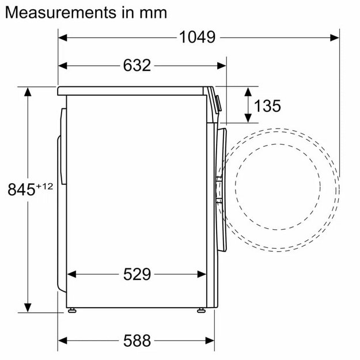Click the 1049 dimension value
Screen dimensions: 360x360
tap(197, 37)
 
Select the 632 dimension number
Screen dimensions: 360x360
tap(137, 65)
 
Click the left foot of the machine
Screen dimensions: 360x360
tap(71, 310)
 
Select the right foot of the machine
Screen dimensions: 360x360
tap(201, 310)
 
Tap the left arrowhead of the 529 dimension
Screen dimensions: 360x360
tap(72, 274)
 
